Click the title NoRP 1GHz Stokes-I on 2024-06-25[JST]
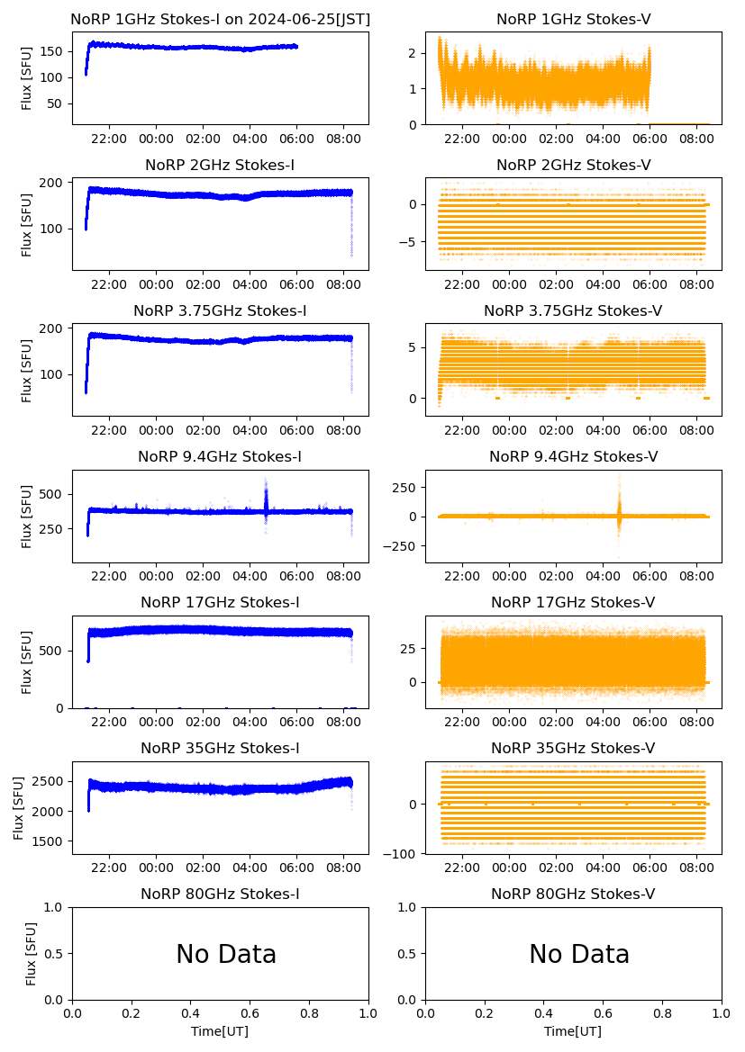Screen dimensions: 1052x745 (220, 20)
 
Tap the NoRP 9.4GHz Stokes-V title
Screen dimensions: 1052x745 (573, 457)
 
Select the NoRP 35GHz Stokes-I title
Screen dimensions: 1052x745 (220, 749)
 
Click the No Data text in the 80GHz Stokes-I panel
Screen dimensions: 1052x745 (226, 955)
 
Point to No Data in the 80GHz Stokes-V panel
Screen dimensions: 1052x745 (579, 955)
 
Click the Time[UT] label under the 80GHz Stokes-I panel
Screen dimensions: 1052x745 (220, 1031)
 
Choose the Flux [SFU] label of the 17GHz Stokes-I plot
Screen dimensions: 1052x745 (27, 662)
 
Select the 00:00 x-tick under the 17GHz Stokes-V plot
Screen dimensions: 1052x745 (510, 722)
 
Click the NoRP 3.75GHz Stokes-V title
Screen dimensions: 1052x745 (573, 311)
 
